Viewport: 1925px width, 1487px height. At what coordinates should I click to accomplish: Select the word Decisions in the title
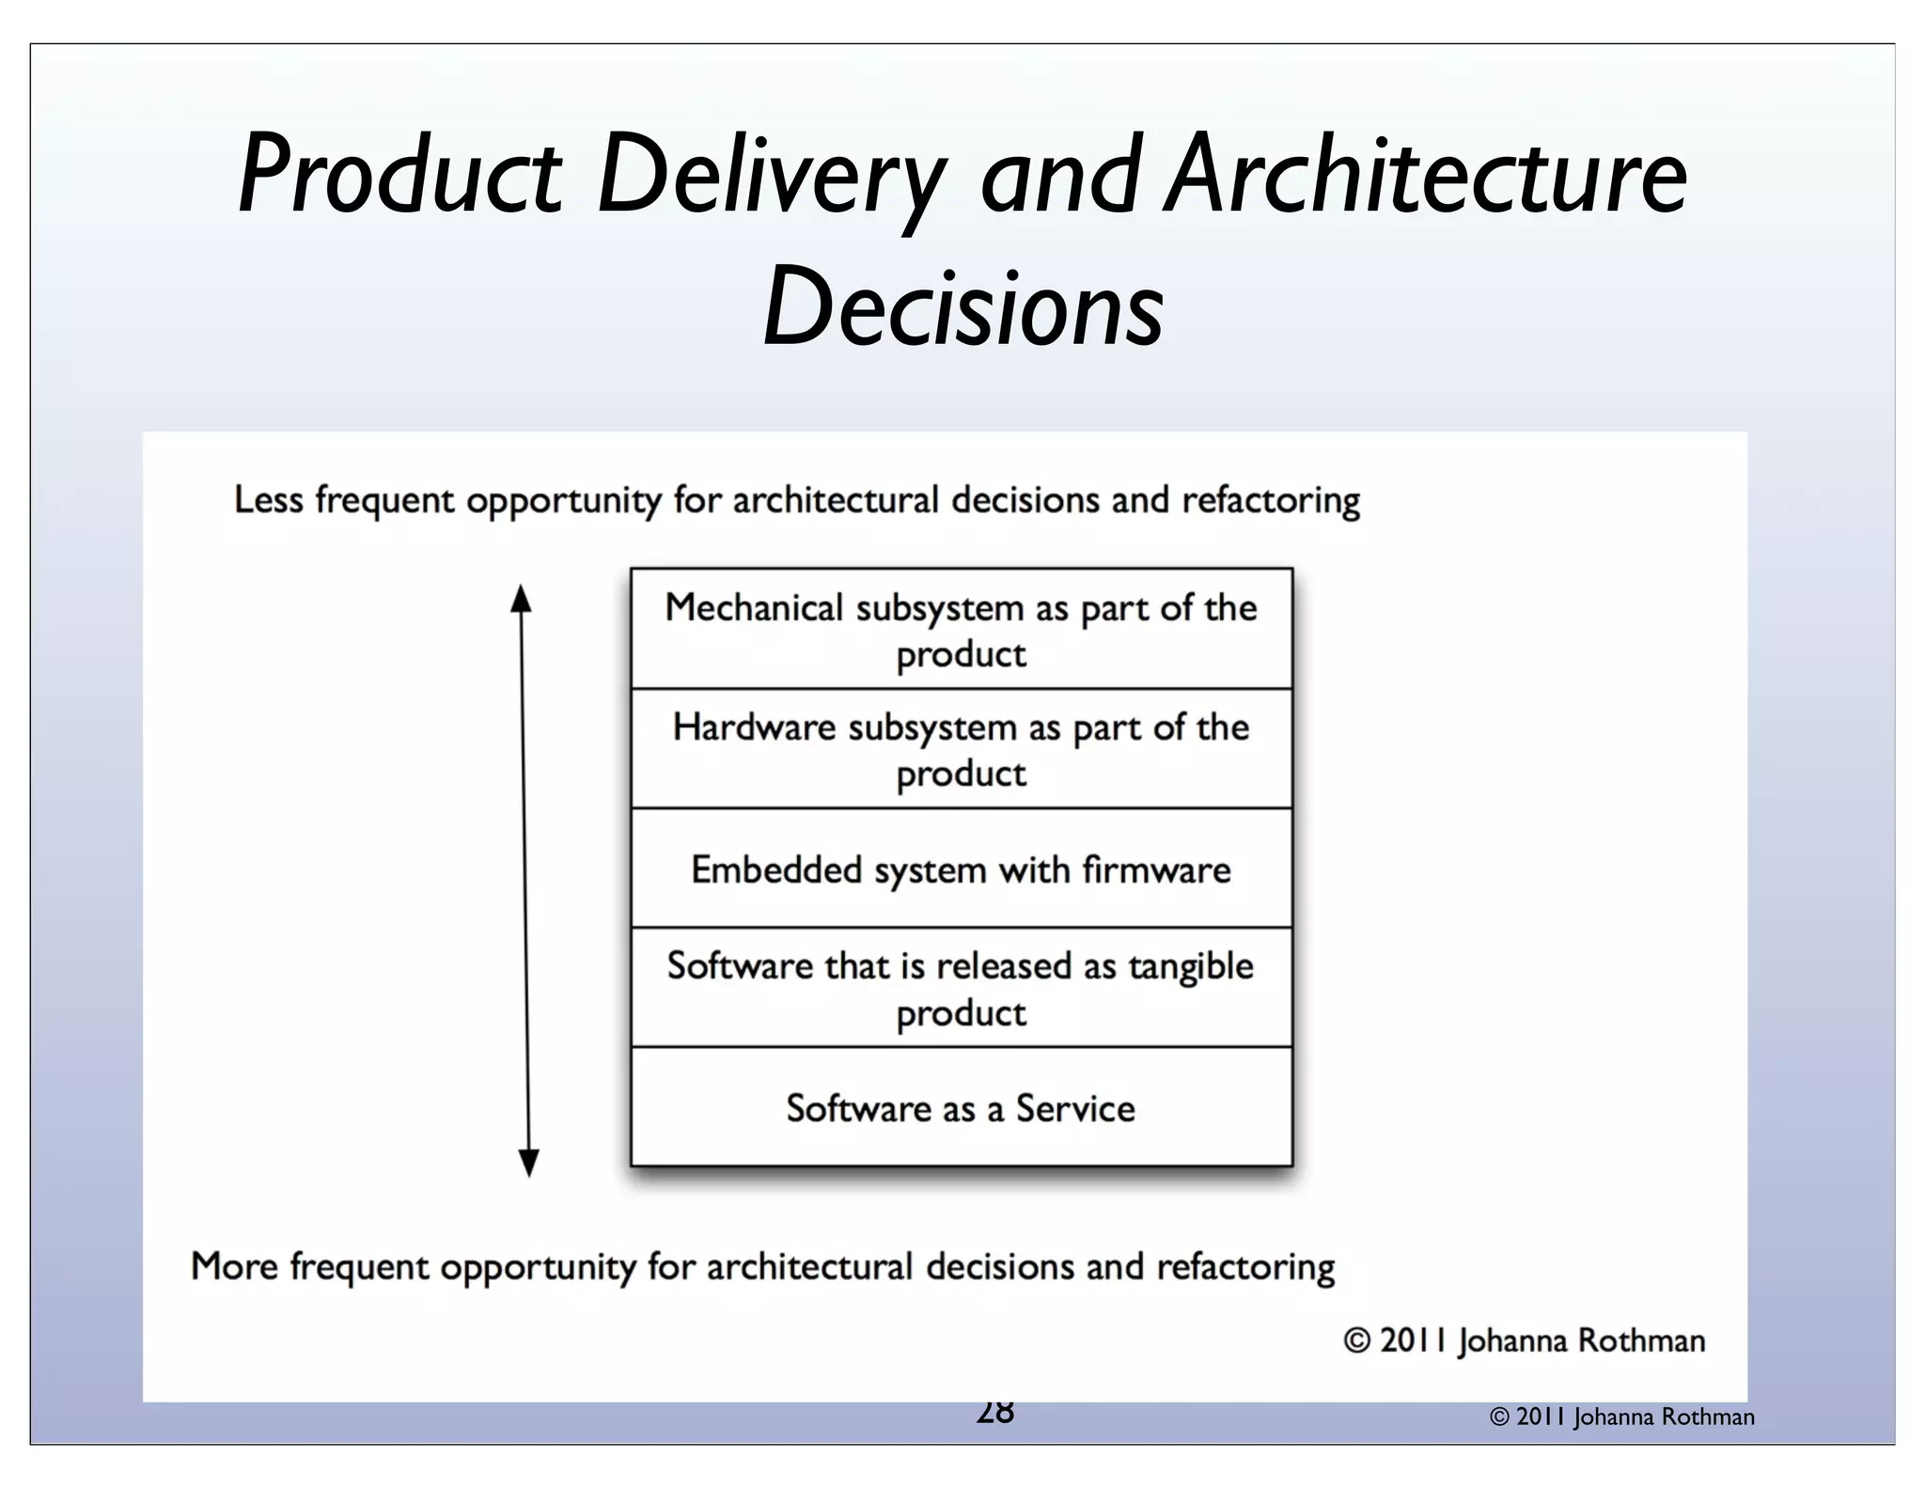point(962,306)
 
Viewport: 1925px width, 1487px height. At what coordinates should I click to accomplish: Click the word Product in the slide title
point(400,179)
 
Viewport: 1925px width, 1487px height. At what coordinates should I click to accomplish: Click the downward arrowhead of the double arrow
point(529,1163)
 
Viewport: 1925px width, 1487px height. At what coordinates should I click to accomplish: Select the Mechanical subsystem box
point(961,629)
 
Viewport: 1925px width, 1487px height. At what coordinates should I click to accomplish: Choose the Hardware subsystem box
point(961,749)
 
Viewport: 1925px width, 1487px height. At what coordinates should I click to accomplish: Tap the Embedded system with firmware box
point(961,869)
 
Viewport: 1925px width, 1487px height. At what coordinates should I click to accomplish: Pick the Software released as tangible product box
point(961,988)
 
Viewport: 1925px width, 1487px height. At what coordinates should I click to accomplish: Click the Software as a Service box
point(961,1108)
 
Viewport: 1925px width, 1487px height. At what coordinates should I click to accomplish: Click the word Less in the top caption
point(268,500)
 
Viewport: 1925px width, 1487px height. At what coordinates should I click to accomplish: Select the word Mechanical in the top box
point(754,608)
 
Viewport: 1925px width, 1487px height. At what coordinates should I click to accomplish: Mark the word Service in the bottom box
point(1075,1109)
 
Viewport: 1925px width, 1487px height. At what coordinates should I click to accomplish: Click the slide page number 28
point(994,1413)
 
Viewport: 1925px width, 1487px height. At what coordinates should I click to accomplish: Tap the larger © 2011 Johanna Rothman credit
point(1524,1341)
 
